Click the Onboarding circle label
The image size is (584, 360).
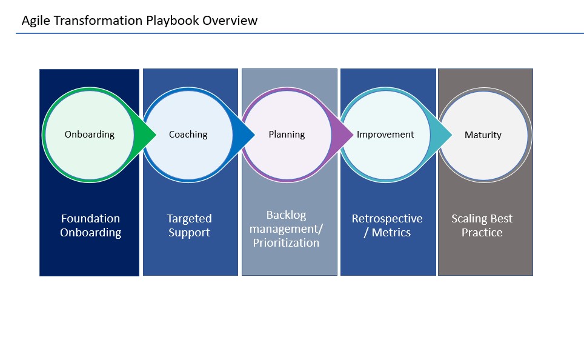pos(90,135)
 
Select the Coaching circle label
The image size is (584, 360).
pos(188,135)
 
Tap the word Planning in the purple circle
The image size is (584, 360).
pos(287,135)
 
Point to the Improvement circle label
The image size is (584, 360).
pos(385,134)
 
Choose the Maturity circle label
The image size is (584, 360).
pos(483,135)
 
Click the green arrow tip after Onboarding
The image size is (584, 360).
pos(156,135)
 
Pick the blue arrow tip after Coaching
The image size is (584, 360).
pos(254,135)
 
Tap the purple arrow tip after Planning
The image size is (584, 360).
pos(353,135)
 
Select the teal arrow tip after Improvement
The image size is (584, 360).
pos(451,135)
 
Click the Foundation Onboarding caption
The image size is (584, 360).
pos(90,225)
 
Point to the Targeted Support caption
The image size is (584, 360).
pos(189,225)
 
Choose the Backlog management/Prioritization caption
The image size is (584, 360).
pos(286,229)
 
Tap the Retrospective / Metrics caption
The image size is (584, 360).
pos(387,225)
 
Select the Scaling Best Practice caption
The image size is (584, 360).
pos(482,225)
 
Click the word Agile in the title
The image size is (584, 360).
pos(35,21)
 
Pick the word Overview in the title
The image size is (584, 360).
pos(230,20)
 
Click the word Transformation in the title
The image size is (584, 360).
pos(98,20)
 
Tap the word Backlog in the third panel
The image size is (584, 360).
pos(286,215)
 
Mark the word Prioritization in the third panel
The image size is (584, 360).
pos(286,242)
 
